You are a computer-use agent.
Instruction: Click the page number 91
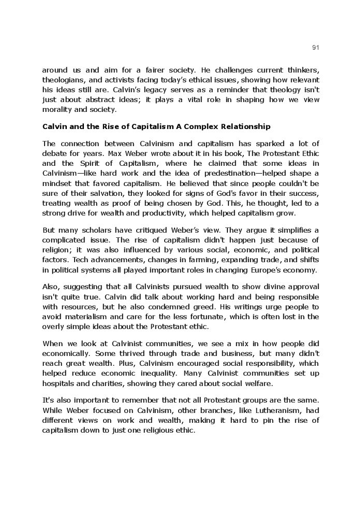[x=316, y=48]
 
